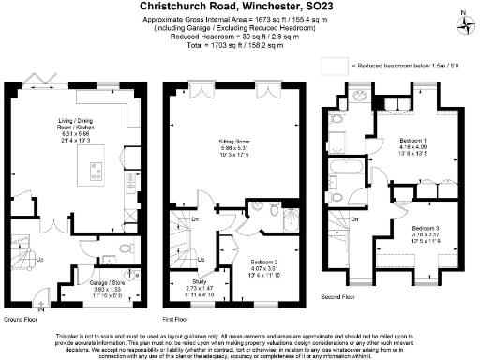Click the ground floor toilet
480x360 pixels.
pyautogui.click(x=128, y=249)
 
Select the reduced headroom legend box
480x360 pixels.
pyautogui.click(x=334, y=67)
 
